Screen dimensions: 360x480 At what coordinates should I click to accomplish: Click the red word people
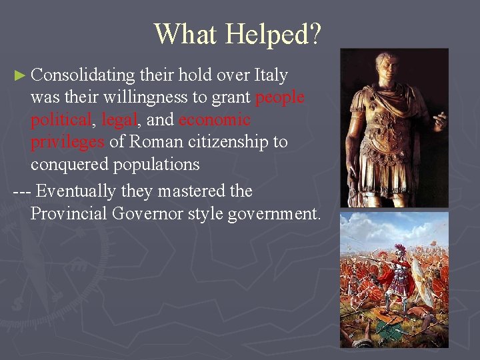click(x=280, y=97)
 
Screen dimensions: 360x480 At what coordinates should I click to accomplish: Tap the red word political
click(x=61, y=120)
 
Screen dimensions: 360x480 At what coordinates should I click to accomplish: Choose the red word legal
click(x=119, y=120)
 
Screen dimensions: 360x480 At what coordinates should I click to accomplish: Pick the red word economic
click(x=215, y=120)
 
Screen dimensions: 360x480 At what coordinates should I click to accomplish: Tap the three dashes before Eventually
click(x=21, y=191)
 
